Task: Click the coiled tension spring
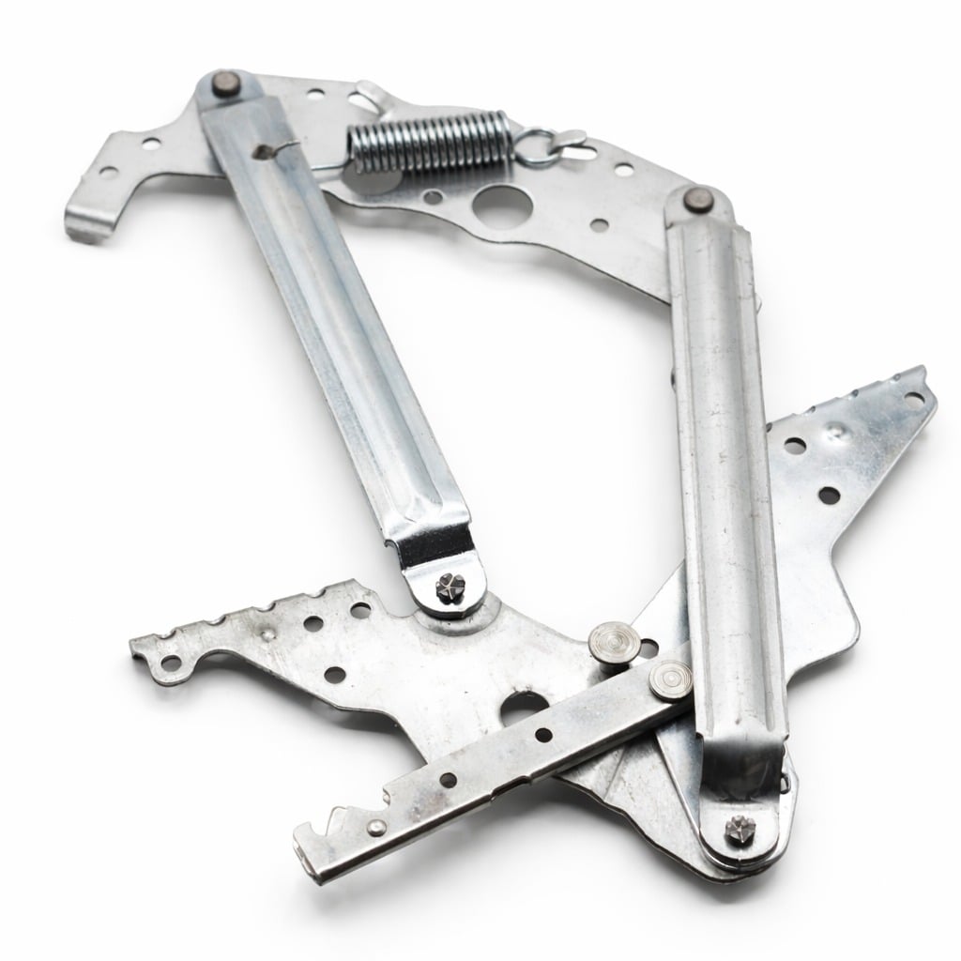pyautogui.click(x=427, y=144)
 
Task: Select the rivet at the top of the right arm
pyautogui.click(x=696, y=199)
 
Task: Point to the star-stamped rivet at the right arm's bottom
pyautogui.click(x=737, y=830)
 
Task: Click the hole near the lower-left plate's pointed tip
pyautogui.click(x=170, y=664)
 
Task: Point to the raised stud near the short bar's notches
pyautogui.click(x=376, y=827)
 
